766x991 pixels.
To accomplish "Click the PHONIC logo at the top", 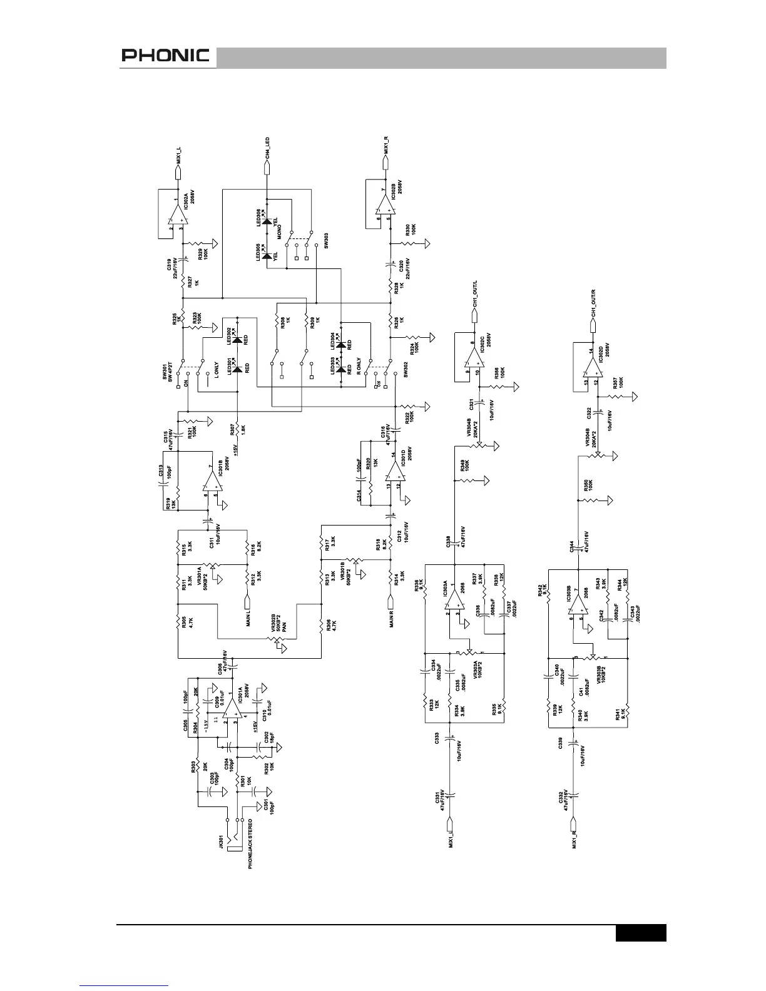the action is (x=165, y=56).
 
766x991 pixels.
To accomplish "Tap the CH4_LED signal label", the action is (x=267, y=148).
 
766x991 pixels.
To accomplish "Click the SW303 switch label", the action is (x=326, y=241).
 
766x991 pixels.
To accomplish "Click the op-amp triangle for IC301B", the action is (x=211, y=482).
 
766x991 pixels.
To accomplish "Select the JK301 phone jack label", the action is (x=221, y=840).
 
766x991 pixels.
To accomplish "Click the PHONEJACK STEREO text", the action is (x=250, y=843).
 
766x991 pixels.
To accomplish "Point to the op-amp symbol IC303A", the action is (x=455, y=600).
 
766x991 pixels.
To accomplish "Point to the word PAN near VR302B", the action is (x=283, y=626).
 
